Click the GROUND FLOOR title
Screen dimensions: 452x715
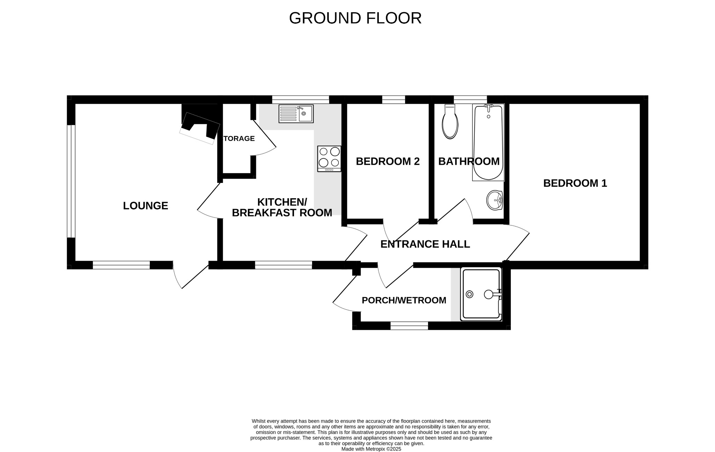[355, 18]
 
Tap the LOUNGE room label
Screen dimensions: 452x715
[145, 206]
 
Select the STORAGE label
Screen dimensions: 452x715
[239, 139]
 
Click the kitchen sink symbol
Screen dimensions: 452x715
[296, 113]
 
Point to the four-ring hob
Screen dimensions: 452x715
[329, 158]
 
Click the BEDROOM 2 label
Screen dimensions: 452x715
[388, 161]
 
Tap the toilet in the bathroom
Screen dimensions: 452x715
[450, 122]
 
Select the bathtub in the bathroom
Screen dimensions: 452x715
[488, 142]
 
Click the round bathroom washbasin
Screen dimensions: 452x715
[494, 200]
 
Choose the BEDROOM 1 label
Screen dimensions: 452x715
[575, 183]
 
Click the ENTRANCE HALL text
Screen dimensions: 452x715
[425, 244]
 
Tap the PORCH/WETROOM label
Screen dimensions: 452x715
[404, 300]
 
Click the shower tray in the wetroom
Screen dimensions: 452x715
[481, 294]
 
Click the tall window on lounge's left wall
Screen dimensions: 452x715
[71, 181]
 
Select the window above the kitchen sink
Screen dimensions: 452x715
[300, 99]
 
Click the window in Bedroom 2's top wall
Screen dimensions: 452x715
[393, 99]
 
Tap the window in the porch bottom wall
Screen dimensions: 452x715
[409, 326]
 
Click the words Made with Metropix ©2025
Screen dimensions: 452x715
[371, 449]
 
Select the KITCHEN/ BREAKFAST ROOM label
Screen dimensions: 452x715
[282, 207]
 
